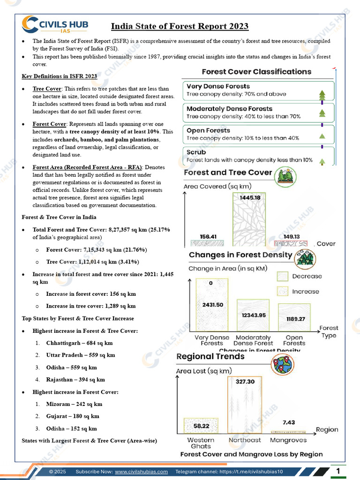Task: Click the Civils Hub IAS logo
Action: click(55, 25)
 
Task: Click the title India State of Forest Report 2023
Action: click(180, 26)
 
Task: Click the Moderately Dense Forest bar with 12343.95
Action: click(253, 315)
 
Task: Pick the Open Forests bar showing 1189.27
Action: click(294, 318)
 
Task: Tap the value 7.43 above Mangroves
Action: click(289, 422)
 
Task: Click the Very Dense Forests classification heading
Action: click(218, 86)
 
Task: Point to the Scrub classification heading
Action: click(196, 152)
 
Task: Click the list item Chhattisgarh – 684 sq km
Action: click(79, 343)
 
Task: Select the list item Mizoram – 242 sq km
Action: click(74, 404)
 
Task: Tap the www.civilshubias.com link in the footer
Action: click(141, 472)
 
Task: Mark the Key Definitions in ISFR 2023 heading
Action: click(60, 76)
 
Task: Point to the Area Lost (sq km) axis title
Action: click(204, 371)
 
